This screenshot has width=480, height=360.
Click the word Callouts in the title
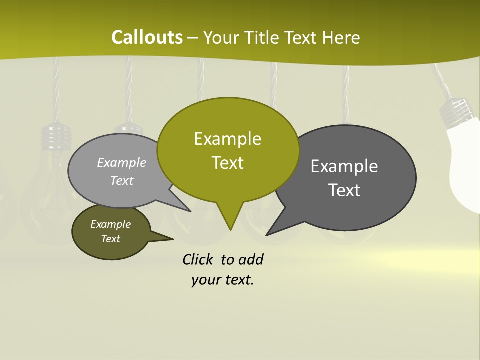coord(147,37)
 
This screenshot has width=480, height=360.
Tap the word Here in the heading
coord(341,37)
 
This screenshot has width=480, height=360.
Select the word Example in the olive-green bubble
coord(227,139)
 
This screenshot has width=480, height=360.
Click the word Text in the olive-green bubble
coord(227,163)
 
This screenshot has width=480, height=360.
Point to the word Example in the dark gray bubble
coord(344,166)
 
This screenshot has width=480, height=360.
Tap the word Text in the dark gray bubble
coord(344,190)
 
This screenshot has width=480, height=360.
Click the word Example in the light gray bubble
coord(121,162)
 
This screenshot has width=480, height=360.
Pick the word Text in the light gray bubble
coord(121,180)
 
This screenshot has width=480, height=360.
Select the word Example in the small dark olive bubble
coord(110,224)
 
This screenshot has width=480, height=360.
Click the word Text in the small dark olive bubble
coord(110,239)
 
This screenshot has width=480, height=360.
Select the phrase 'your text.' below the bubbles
coord(222,280)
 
